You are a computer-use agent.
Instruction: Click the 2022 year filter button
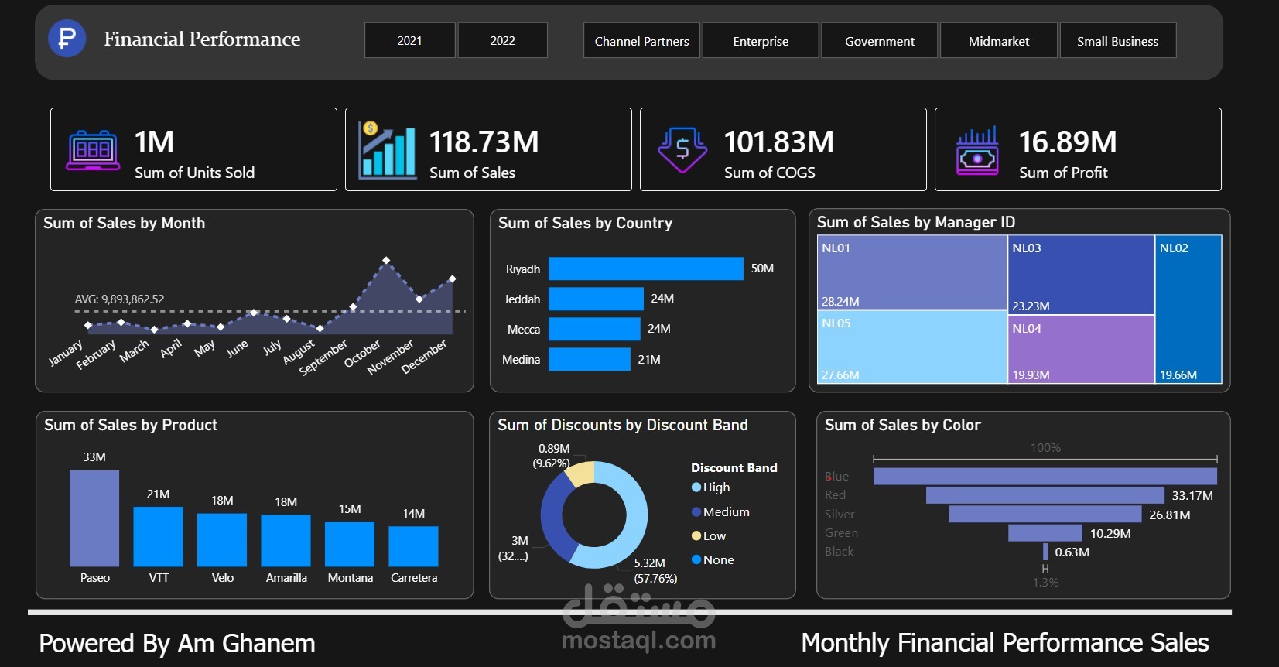[502, 40]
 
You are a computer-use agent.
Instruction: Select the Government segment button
[879, 41]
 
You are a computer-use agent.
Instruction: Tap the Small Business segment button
[1117, 41]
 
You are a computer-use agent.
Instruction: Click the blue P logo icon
[67, 38]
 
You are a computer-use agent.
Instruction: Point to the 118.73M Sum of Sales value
[484, 142]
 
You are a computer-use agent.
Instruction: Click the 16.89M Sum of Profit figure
[1067, 142]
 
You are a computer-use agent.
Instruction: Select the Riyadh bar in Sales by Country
[645, 269]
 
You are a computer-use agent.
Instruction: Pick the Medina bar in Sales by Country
[590, 359]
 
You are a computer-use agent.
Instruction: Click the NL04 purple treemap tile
[1080, 349]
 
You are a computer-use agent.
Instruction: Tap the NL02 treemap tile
[1188, 310]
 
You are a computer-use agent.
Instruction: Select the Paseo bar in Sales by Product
[94, 518]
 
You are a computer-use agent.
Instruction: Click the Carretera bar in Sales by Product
[413, 546]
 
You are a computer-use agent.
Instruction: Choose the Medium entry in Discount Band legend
[725, 511]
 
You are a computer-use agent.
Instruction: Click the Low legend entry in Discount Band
[713, 535]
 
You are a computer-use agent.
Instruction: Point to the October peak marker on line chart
[386, 260]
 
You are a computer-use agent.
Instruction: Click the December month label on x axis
[425, 356]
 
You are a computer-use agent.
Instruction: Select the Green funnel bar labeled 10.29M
[1045, 533]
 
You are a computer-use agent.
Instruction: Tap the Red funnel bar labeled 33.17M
[1045, 495]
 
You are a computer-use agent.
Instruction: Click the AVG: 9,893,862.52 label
[119, 299]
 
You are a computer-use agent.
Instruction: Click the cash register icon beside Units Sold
[93, 149]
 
